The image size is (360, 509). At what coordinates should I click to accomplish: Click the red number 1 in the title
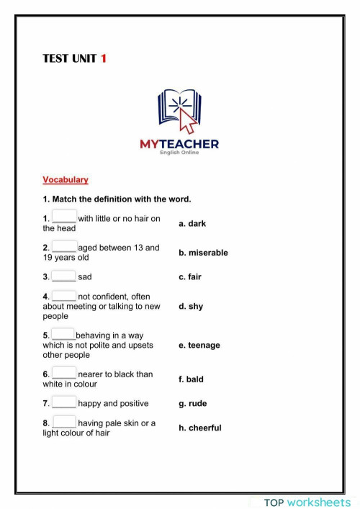(x=103, y=58)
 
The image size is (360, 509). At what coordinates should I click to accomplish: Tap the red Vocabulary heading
(x=65, y=180)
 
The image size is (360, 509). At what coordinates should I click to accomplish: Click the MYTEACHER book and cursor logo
(x=179, y=112)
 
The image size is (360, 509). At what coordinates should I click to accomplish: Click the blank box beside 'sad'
(x=64, y=276)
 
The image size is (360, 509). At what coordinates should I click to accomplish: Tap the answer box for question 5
(x=63, y=334)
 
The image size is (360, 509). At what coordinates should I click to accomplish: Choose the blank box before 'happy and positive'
(x=64, y=402)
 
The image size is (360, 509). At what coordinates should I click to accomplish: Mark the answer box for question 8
(x=64, y=423)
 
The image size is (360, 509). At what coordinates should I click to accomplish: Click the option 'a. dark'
(x=192, y=224)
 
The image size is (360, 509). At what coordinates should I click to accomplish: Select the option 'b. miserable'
(x=203, y=253)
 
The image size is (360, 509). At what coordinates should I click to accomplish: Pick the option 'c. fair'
(x=190, y=276)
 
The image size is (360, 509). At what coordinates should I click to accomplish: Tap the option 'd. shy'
(x=191, y=306)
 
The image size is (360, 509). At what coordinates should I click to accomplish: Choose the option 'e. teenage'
(x=199, y=346)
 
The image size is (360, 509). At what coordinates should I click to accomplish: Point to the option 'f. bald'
(x=191, y=379)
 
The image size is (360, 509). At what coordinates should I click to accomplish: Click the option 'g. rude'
(x=192, y=404)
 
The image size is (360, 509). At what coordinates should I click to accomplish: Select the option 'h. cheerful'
(x=200, y=428)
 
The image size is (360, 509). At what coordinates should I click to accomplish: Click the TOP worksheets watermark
(x=307, y=502)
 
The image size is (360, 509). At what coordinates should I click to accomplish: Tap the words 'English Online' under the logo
(x=179, y=153)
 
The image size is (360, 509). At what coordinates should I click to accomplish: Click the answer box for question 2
(x=64, y=247)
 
